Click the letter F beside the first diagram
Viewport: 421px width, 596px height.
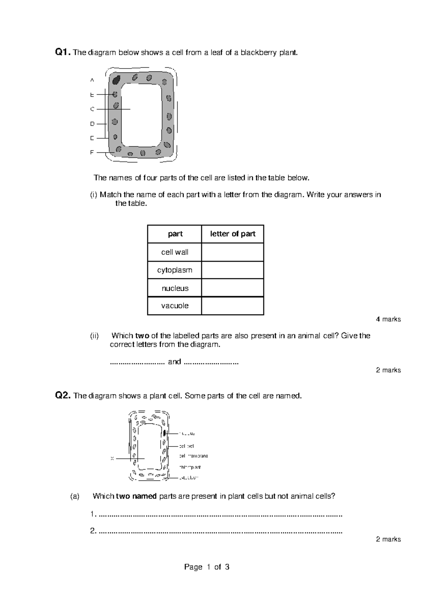(92, 152)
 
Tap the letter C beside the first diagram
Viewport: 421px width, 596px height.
(92, 109)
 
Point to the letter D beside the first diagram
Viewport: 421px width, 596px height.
(92, 124)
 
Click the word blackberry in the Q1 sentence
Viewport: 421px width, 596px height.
(259, 53)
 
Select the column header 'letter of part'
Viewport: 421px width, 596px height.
(233, 234)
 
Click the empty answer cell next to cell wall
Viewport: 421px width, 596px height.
(233, 252)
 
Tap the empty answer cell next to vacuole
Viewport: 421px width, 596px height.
(233, 306)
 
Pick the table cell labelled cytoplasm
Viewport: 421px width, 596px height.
(175, 270)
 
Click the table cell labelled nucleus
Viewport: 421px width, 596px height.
(175, 288)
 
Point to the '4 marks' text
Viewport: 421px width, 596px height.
(388, 319)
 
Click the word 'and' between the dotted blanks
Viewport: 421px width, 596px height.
(174, 362)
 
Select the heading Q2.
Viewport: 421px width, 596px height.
(63, 396)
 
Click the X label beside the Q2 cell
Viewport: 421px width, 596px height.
(112, 458)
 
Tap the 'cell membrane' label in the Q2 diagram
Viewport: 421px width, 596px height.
(193, 456)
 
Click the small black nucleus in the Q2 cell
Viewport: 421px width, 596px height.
(164, 433)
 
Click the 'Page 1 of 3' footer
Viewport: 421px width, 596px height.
(207, 567)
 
